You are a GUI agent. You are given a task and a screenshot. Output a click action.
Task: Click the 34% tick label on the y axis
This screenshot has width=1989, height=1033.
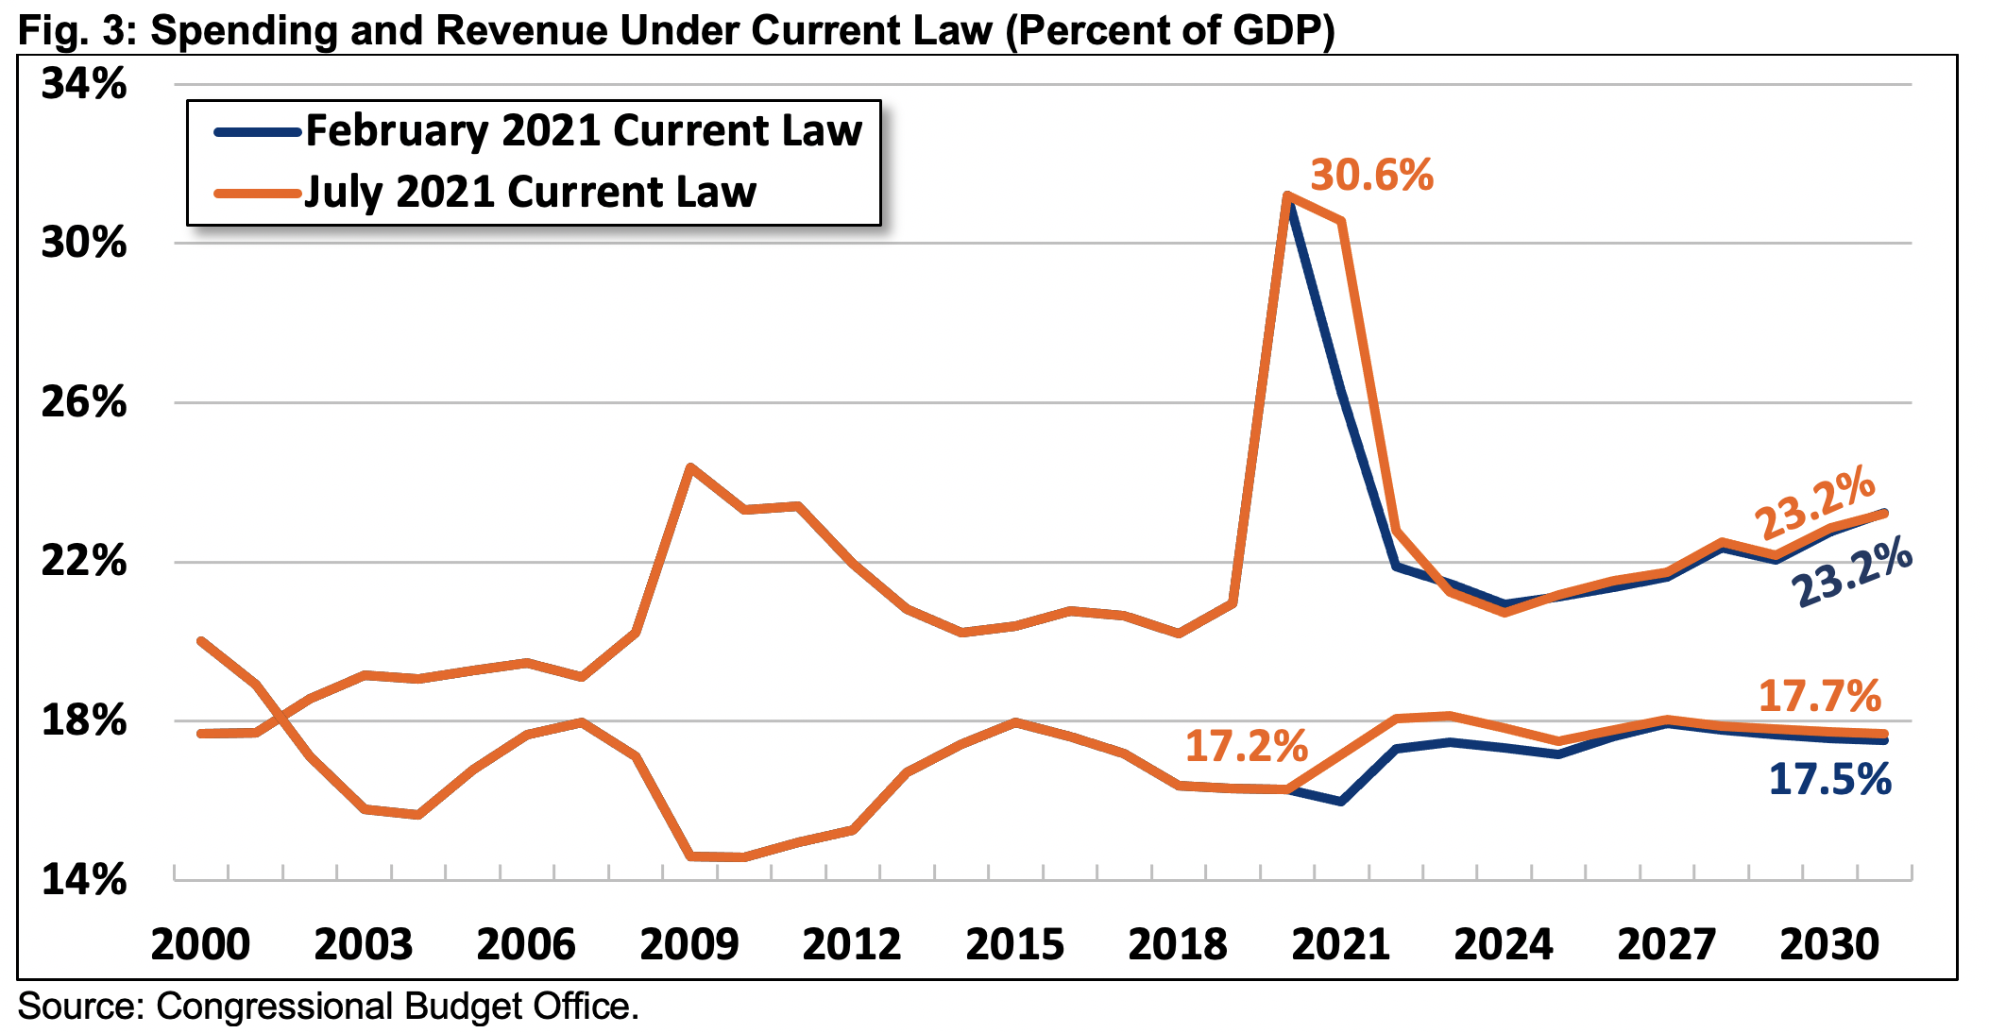pos(83,84)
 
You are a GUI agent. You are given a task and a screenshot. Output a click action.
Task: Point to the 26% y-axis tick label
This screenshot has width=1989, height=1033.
pos(83,402)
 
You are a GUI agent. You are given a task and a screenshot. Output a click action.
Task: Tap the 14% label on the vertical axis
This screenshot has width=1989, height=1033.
pos(83,880)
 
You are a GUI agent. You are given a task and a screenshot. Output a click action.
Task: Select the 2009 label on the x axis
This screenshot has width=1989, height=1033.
pos(689,944)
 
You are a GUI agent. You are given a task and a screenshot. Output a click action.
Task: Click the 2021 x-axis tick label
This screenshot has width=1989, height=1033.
pos(1340,944)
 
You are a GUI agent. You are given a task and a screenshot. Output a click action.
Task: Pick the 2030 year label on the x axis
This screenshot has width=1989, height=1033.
pos(1829,944)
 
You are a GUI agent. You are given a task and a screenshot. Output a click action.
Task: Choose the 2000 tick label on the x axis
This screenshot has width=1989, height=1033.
pos(200,944)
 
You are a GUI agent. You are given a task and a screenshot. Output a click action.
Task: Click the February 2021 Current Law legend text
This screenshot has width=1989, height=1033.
pos(584,130)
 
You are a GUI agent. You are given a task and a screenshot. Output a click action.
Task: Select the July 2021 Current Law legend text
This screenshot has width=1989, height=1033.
pos(530,192)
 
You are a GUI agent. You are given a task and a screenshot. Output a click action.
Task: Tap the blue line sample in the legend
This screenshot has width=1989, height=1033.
pos(257,132)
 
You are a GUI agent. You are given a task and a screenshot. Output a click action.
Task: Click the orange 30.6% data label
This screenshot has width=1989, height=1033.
pos(1371,176)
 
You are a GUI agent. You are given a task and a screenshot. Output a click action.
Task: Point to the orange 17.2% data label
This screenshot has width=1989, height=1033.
pos(1246,746)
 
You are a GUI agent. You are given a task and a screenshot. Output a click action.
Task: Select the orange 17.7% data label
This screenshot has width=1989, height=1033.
pos(1819,697)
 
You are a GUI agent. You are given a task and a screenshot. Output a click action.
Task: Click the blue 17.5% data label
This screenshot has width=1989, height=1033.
pos(1829,780)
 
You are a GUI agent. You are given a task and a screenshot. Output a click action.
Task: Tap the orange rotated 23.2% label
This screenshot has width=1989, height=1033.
pos(1814,502)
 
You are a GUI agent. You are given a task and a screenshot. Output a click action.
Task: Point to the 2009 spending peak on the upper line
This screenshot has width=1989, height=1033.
pos(691,466)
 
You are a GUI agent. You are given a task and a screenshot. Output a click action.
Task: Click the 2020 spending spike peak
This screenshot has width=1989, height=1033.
pos(1286,196)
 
